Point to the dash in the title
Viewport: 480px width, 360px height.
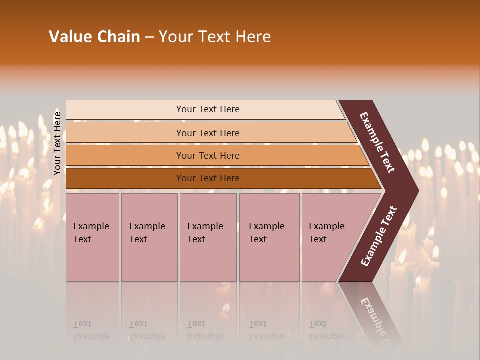[x=149, y=37]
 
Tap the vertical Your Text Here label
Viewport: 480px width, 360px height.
[x=57, y=143]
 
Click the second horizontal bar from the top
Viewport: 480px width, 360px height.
[x=207, y=133]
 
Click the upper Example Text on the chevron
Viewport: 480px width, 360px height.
[x=378, y=142]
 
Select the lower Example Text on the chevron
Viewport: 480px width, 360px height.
[x=379, y=236]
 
